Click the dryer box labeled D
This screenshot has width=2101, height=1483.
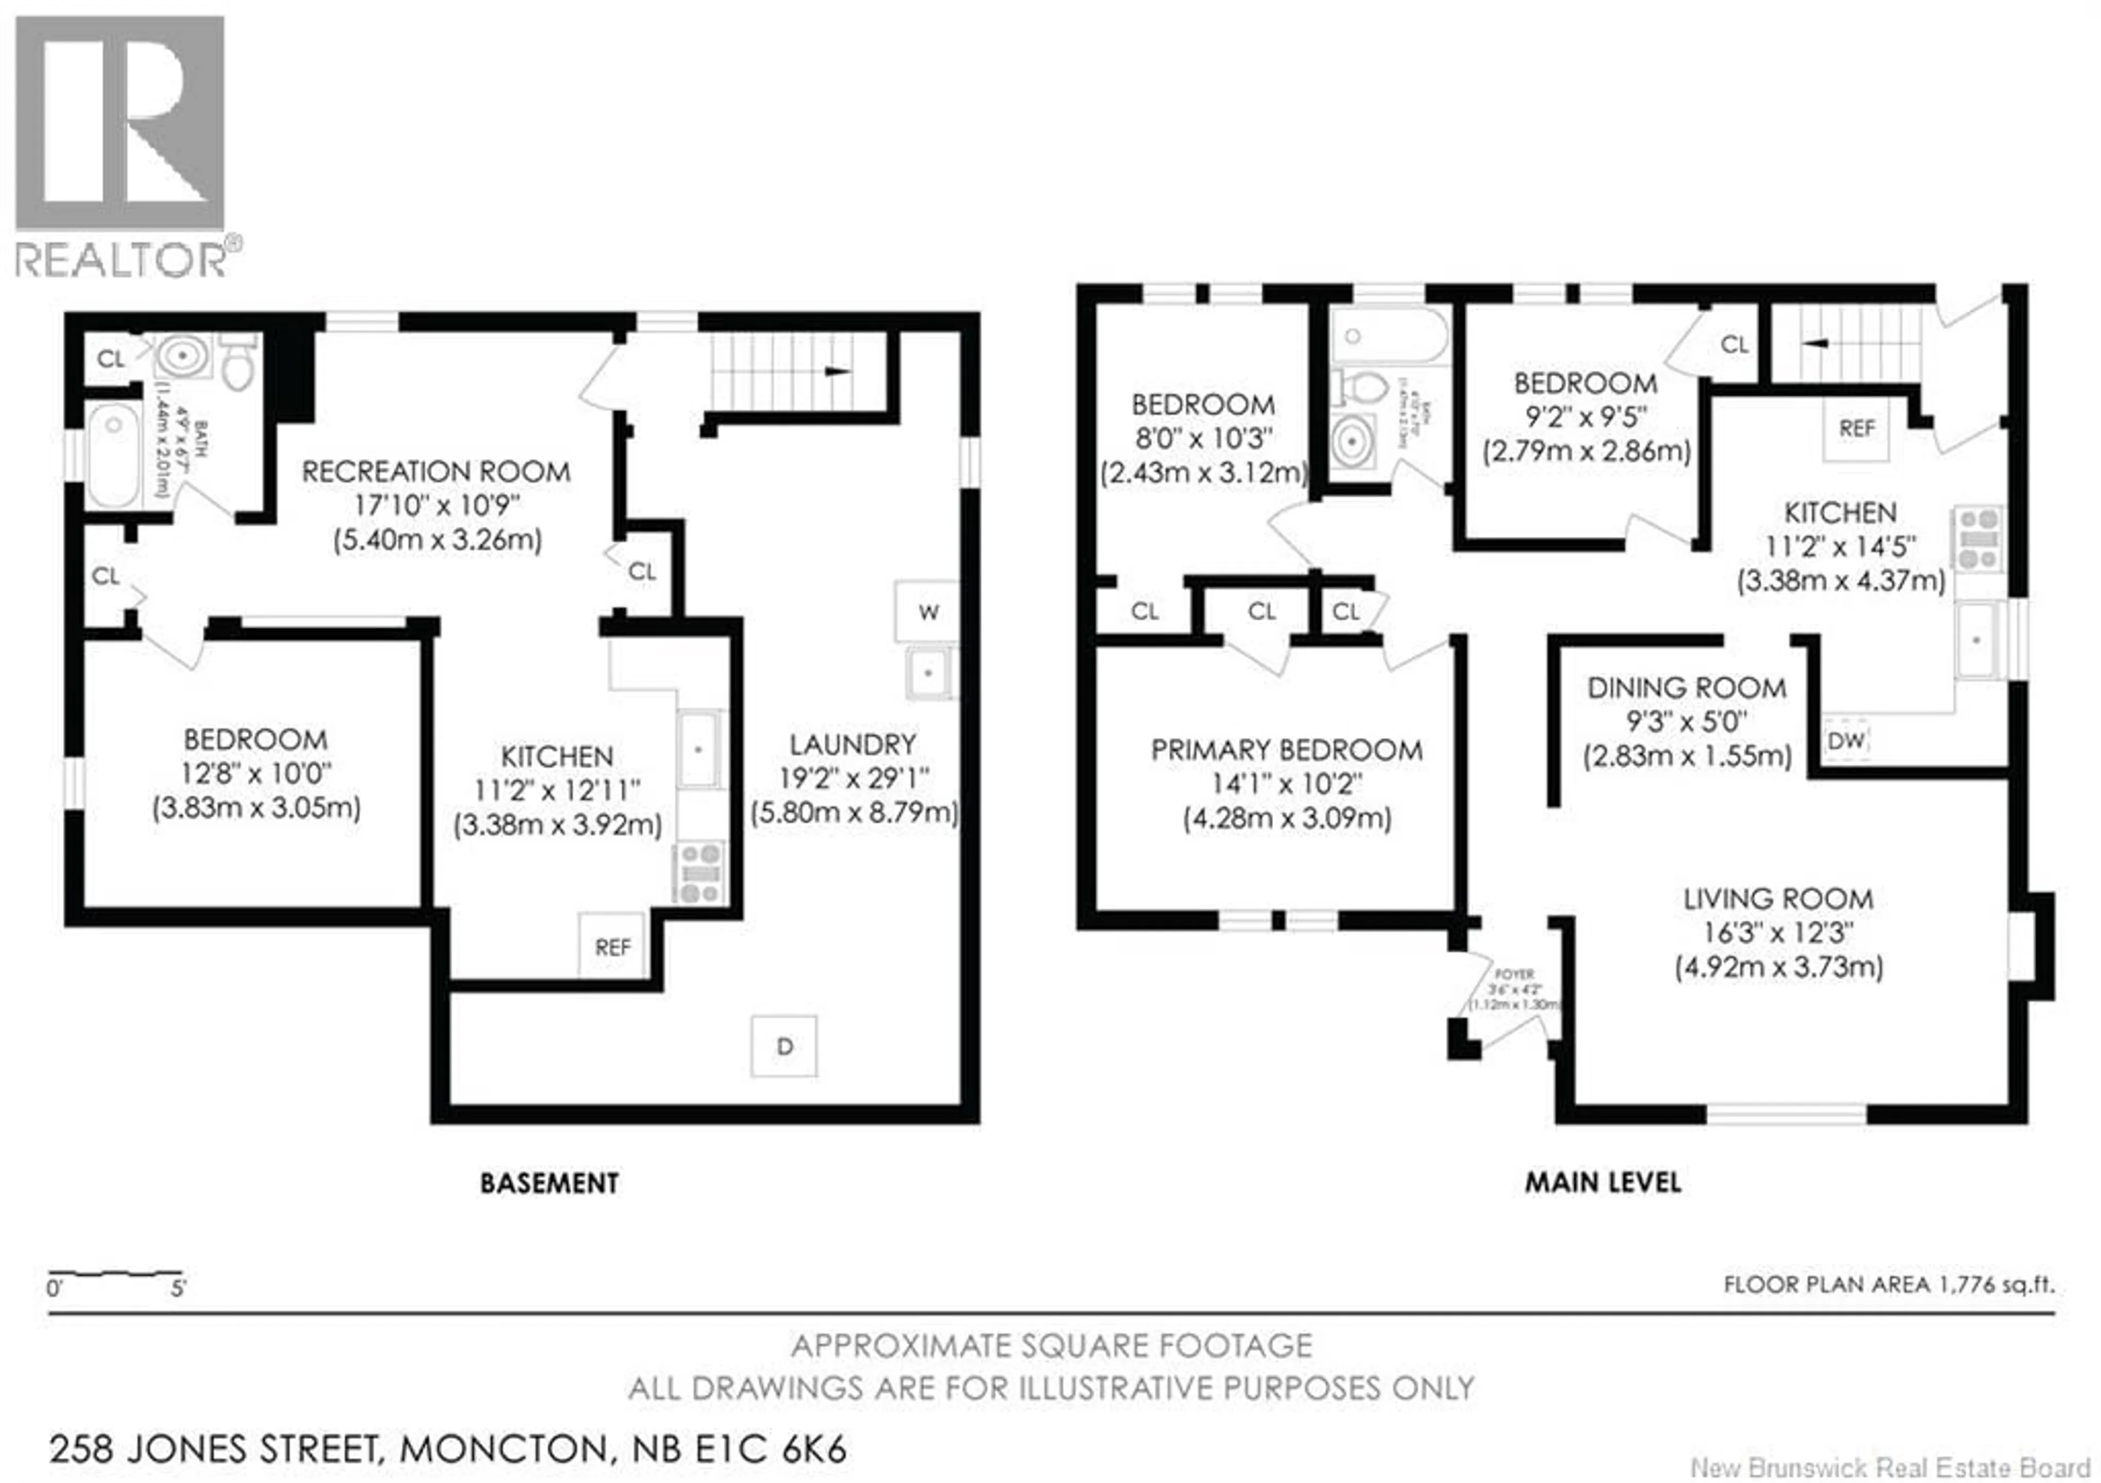click(783, 1046)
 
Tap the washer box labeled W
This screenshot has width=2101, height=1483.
click(928, 611)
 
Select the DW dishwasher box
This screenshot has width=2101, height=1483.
click(1845, 739)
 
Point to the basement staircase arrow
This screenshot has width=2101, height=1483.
click(837, 371)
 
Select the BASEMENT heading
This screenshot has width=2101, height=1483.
click(549, 1183)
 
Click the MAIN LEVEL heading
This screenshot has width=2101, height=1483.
click(1603, 1182)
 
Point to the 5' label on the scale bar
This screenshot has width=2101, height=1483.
click(178, 1289)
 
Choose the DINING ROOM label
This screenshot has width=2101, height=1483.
click(1686, 688)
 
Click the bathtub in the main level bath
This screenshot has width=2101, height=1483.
click(1389, 336)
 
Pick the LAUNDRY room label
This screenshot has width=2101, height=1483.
click(853, 744)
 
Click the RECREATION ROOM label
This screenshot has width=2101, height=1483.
click(437, 472)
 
